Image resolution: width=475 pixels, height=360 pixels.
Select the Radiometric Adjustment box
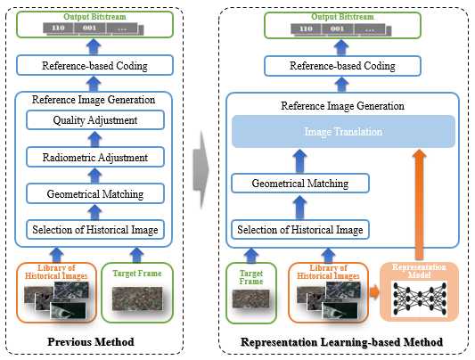94,157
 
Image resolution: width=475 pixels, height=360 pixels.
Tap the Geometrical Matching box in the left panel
94,192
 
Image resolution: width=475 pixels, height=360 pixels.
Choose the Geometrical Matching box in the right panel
299,184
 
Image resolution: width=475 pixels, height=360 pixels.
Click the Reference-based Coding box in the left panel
94,65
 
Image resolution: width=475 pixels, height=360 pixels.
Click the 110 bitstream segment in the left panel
59,29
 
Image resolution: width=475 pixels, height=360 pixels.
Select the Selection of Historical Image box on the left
94,230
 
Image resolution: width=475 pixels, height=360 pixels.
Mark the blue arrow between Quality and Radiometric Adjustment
94,139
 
